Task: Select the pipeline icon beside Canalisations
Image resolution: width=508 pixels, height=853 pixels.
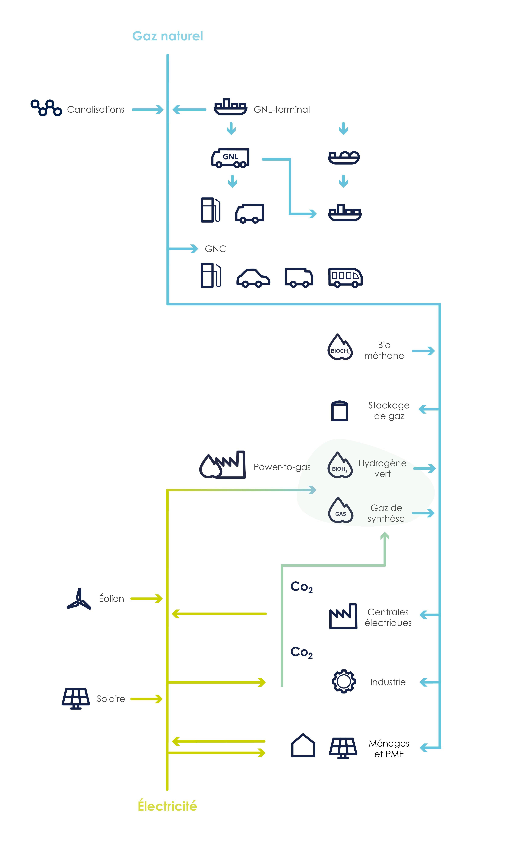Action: pos(46,108)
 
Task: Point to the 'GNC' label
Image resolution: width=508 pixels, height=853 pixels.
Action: pos(215,249)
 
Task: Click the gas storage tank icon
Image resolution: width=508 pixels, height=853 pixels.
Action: pos(340,411)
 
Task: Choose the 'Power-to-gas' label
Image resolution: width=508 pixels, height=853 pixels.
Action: pos(282,467)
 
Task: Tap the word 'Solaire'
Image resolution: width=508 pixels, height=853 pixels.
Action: pos(111,699)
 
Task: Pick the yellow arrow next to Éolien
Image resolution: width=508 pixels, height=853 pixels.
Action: pos(147,599)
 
